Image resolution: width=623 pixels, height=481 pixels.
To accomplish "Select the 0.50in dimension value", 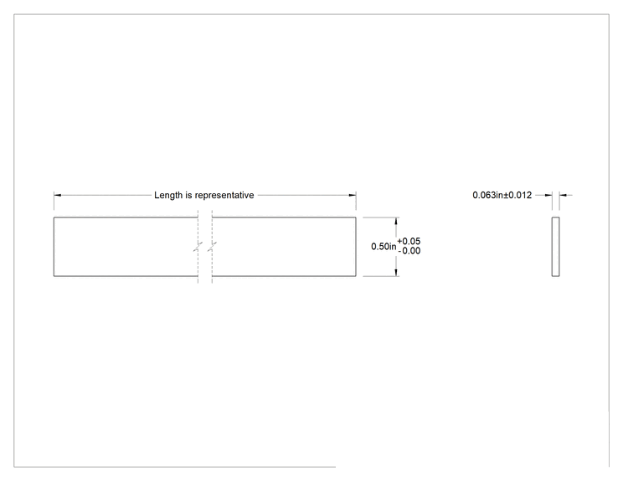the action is [384, 247].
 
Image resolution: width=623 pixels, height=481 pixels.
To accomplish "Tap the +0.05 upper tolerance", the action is [409, 241].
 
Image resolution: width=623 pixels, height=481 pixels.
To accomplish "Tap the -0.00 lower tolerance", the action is [409, 251].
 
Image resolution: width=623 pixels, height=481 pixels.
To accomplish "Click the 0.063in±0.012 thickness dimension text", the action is [502, 195].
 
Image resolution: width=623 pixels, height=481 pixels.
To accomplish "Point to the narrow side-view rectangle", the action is [555, 247].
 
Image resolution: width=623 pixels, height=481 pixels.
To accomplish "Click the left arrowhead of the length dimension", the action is [58, 195].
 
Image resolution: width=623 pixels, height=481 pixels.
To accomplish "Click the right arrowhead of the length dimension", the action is [353, 195].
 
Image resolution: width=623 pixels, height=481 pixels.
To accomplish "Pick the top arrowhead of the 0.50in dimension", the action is [396, 221].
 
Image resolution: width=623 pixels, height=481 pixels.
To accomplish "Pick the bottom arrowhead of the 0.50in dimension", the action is [396, 272].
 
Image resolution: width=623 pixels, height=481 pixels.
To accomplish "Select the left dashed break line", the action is [198, 247].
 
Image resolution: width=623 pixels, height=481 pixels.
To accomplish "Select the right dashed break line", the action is [212, 247].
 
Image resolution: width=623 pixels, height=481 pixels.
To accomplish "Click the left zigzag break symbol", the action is [198, 247].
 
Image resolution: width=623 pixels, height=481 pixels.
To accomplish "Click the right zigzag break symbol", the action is [212, 247].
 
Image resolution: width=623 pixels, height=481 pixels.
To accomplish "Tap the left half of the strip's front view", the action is [126, 247].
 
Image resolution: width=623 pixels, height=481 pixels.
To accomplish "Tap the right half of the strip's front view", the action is [284, 247].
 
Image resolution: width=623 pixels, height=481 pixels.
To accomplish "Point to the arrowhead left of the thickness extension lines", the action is [548, 195].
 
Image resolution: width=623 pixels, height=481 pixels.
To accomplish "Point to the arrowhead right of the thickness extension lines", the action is [563, 195].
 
